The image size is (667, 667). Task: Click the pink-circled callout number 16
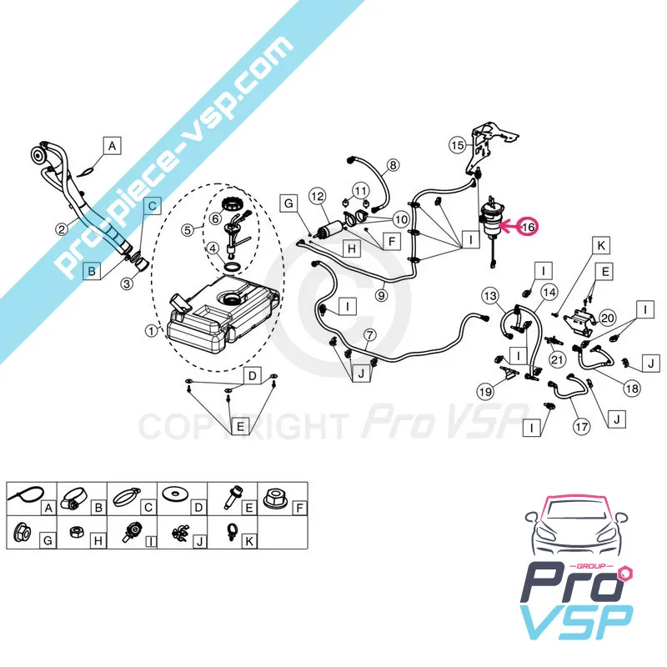click(528, 227)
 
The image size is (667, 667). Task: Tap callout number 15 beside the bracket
click(457, 145)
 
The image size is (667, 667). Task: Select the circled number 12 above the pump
click(318, 196)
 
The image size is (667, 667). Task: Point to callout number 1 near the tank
click(151, 330)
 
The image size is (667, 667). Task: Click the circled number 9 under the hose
click(382, 295)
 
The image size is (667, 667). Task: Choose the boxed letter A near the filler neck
click(112, 146)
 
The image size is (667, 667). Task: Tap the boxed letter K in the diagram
click(601, 245)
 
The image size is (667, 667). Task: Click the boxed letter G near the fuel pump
click(288, 203)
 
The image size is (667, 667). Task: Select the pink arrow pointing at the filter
click(509, 227)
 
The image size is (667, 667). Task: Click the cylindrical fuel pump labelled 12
click(329, 231)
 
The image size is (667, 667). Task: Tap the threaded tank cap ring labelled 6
click(233, 203)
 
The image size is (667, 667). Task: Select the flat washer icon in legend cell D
click(174, 494)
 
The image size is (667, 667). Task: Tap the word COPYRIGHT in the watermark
click(241, 427)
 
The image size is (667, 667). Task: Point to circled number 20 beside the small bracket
click(607, 318)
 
